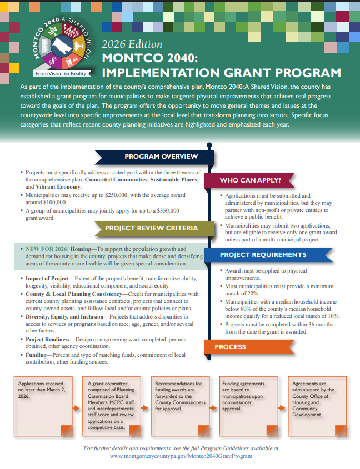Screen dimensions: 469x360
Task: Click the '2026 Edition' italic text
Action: [132, 44]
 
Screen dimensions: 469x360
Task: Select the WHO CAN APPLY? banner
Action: [250, 180]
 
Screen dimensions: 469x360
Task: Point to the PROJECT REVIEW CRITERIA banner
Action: [151, 228]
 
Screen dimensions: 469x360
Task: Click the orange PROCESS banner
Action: [230, 347]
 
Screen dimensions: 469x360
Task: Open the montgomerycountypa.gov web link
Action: [181, 456]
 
